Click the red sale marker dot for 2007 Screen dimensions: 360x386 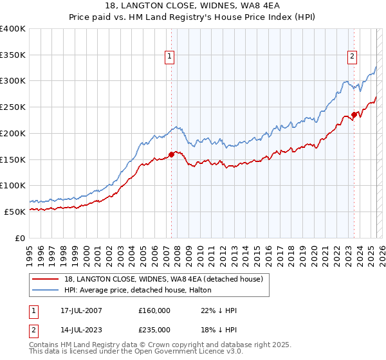pyautogui.click(x=172, y=154)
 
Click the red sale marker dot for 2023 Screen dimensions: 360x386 pyautogui.click(x=354, y=115)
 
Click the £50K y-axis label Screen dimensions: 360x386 pyautogui.click(x=15, y=212)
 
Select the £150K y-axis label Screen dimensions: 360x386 pyautogui.click(x=12, y=159)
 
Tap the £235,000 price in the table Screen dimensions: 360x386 pyautogui.click(x=154, y=329)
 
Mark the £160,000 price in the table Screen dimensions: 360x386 pyautogui.click(x=154, y=310)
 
